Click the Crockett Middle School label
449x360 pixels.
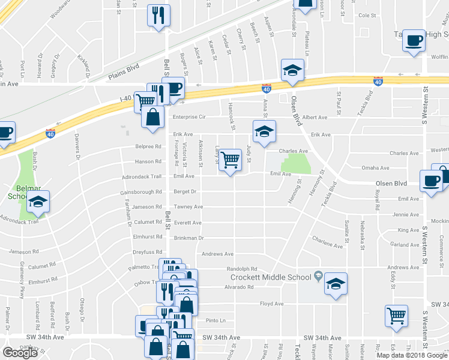272,277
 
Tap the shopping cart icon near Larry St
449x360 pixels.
230,161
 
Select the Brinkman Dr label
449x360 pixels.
189,238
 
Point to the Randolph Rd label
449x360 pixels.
241,269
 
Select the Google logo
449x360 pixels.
20,353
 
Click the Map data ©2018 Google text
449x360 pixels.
411,355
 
